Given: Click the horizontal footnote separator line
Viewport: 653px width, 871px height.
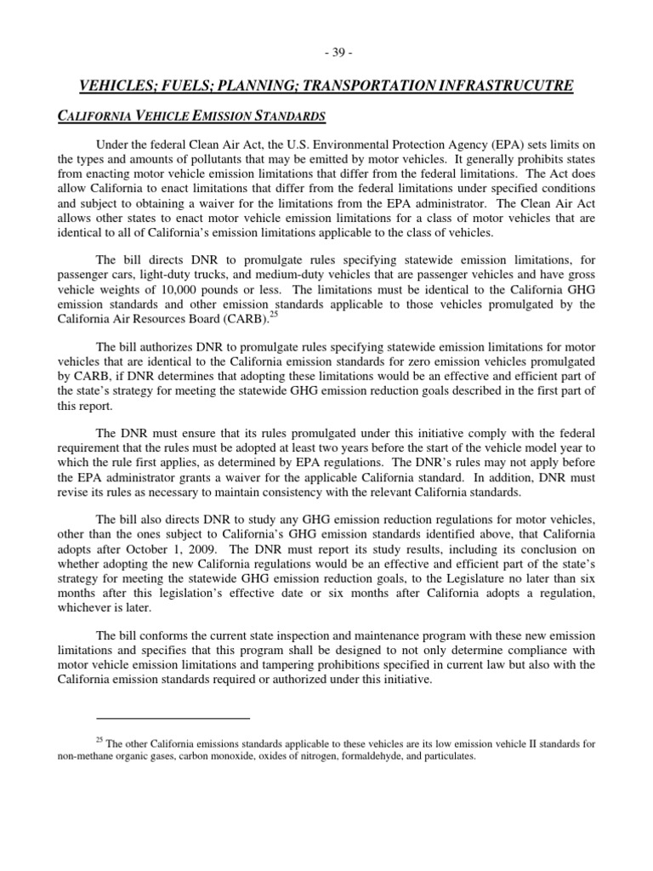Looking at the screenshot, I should click(173, 717).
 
